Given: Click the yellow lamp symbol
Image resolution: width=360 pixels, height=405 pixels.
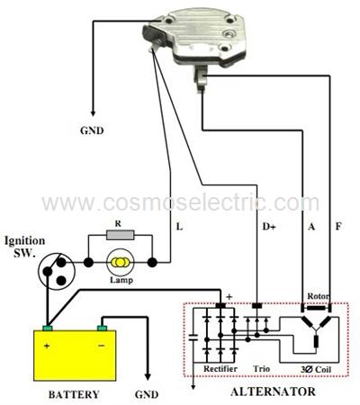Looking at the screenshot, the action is (120, 263).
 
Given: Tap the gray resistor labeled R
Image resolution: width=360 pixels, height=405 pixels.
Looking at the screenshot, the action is (120, 235).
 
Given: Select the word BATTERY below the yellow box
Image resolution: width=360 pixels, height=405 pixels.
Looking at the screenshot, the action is (74, 394).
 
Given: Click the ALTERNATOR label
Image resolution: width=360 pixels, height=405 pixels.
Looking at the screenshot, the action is (273, 391).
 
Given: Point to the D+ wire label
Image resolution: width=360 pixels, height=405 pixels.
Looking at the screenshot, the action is (269, 227).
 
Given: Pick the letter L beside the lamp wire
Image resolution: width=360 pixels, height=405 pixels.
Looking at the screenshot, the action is (179, 227).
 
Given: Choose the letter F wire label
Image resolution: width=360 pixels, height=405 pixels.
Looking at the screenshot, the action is (338, 226).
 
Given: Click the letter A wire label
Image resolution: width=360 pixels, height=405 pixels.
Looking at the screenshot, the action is (311, 227).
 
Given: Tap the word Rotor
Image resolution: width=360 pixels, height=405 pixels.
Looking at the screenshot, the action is (318, 296).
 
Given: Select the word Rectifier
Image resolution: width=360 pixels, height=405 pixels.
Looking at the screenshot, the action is (220, 368).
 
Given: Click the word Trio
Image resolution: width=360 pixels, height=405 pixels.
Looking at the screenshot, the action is (261, 368).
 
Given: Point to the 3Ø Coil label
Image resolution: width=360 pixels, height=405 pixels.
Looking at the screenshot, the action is (316, 369).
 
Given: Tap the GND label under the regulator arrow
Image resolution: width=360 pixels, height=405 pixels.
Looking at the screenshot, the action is (92, 130).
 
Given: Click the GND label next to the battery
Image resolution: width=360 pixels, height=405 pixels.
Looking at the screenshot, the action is (147, 394).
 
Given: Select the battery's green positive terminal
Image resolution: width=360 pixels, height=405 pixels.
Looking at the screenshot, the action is (48, 328).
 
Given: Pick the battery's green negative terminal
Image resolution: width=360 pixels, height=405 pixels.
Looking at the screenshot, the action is (103, 328).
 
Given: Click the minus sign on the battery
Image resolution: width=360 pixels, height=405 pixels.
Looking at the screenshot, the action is (102, 346).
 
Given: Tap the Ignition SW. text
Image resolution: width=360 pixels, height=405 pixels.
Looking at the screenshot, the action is (24, 247).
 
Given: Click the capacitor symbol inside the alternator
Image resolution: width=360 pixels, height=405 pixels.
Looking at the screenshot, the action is (193, 337).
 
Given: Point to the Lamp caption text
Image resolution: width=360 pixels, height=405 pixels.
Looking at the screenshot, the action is (121, 280).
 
